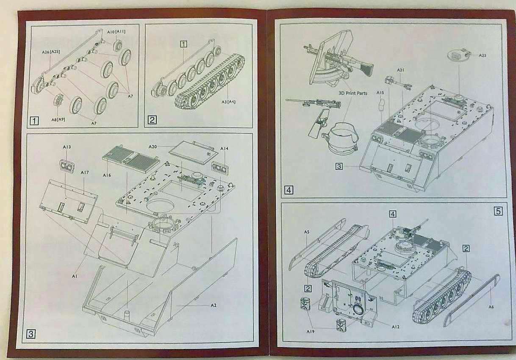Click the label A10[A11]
[116, 32]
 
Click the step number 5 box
[498, 210]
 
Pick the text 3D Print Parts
[352, 93]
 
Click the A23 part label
[483, 55]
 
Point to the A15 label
[380, 92]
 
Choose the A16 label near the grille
[108, 174]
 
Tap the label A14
[224, 149]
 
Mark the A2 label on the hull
[214, 305]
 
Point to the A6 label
[491, 307]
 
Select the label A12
[395, 327]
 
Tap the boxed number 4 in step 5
[393, 214]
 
